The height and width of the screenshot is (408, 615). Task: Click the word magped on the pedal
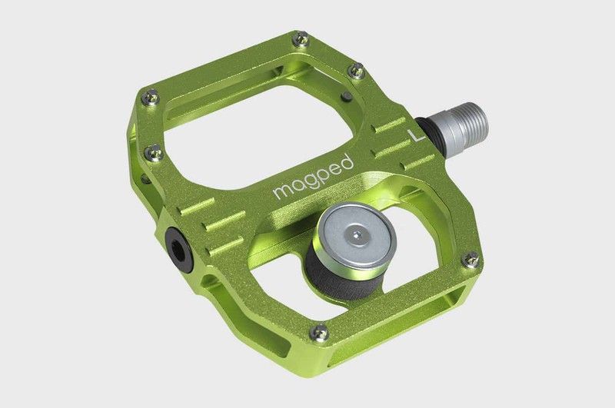pyautogui.click(x=313, y=177)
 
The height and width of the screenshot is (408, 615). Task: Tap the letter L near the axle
pyautogui.click(x=416, y=138)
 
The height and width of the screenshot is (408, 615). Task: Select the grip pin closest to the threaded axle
pyautogui.click(x=354, y=71)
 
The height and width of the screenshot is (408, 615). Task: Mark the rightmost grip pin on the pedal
pyautogui.click(x=470, y=259)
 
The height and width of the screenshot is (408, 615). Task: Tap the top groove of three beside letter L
pyautogui.click(x=390, y=122)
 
